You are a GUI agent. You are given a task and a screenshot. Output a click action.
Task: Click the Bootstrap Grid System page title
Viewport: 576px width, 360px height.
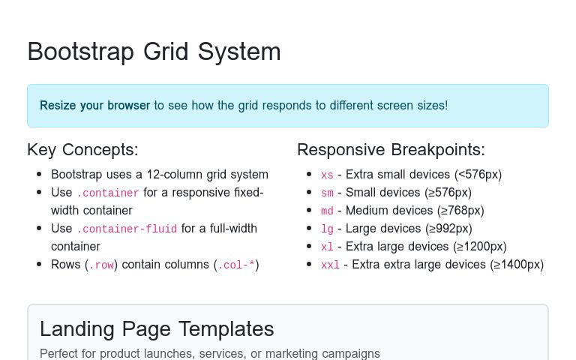(154, 52)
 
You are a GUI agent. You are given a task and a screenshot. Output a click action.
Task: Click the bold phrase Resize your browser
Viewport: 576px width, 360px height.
(94, 106)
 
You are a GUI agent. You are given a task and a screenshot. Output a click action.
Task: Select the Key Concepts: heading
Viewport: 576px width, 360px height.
(82, 149)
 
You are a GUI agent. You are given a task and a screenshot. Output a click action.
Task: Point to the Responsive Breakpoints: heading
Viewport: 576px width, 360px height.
(391, 149)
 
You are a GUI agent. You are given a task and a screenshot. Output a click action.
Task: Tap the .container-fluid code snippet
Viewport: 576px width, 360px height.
(126, 229)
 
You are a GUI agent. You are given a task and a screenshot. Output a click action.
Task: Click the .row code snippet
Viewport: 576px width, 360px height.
(101, 265)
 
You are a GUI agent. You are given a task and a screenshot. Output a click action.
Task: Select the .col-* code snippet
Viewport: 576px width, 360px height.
(235, 265)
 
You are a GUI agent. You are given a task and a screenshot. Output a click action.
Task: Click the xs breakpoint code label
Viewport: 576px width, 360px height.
(327, 175)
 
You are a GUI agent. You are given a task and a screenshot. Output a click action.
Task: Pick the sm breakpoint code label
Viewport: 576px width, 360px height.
(327, 193)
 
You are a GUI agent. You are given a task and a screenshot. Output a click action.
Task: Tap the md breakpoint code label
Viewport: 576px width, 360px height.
(327, 211)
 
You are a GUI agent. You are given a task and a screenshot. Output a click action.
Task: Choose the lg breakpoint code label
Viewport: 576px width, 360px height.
(327, 229)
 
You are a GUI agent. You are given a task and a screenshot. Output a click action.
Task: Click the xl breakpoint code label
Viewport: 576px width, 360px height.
(327, 247)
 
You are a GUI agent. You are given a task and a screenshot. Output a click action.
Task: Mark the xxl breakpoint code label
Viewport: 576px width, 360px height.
(330, 265)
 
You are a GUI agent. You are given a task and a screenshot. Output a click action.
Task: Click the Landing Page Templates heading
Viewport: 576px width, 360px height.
(157, 328)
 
